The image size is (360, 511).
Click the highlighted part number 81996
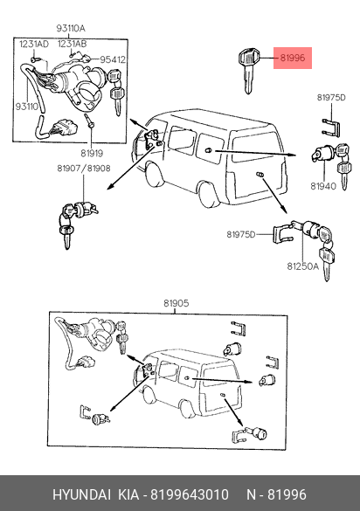[x=293, y=58]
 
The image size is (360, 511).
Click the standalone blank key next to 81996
[x=249, y=71]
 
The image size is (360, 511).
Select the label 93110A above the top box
[x=71, y=28]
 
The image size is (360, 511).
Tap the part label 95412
[x=113, y=59]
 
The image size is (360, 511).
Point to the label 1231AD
[x=33, y=44]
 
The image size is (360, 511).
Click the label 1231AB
[x=73, y=44]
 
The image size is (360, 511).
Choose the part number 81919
[x=92, y=153]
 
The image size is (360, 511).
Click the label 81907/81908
[x=84, y=169]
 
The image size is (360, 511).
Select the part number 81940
[x=323, y=186]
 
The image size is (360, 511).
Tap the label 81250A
[x=302, y=266]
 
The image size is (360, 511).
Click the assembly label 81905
[x=177, y=303]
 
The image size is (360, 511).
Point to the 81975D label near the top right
[x=331, y=98]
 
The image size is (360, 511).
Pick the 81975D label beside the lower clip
[x=241, y=234]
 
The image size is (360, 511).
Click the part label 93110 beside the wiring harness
[x=27, y=107]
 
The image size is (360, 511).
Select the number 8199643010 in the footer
[x=189, y=494]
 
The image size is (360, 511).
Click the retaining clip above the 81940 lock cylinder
[x=331, y=128]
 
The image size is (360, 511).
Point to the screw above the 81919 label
[x=89, y=121]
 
